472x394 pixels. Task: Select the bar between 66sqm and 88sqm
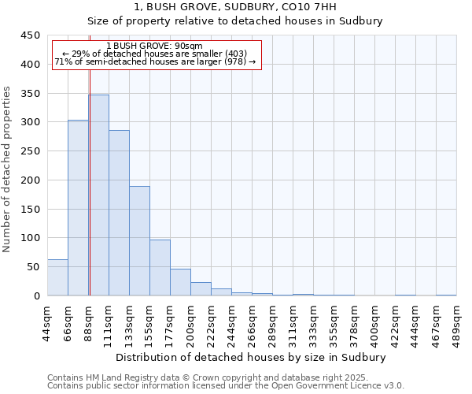[78, 208]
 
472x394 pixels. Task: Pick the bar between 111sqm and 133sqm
[119, 213]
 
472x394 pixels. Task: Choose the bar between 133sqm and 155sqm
[139, 241]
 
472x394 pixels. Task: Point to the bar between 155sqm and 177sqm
[160, 268]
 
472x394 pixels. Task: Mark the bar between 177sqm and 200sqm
[180, 282]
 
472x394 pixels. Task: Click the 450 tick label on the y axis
[31, 35]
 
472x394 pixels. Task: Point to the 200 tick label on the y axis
[31, 180]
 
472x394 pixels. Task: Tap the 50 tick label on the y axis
[33, 267]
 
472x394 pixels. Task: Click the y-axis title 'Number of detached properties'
[8, 180]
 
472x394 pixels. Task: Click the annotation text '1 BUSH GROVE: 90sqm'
[155, 46]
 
